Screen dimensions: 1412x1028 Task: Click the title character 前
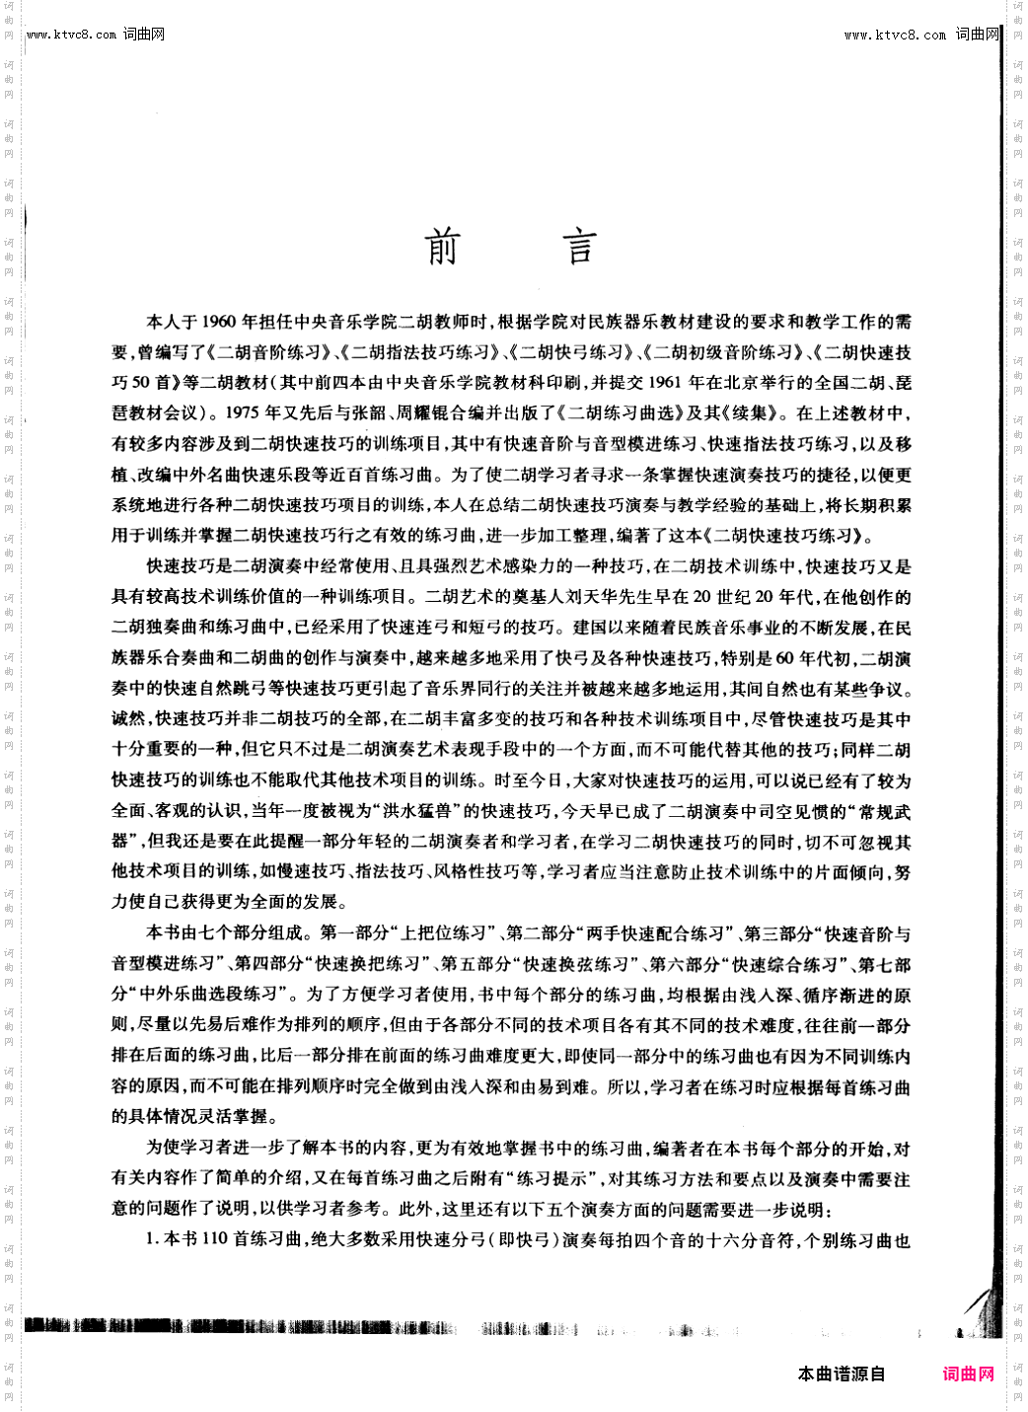pyautogui.click(x=442, y=247)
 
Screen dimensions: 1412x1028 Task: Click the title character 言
pyautogui.click(x=581, y=247)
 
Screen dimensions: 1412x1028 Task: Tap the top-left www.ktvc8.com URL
pyautogui.click(x=72, y=35)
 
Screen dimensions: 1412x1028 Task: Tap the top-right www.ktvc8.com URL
pyautogui.click(x=895, y=35)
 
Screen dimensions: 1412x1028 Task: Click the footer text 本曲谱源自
pyautogui.click(x=842, y=1374)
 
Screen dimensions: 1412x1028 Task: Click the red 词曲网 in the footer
pyautogui.click(x=968, y=1374)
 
